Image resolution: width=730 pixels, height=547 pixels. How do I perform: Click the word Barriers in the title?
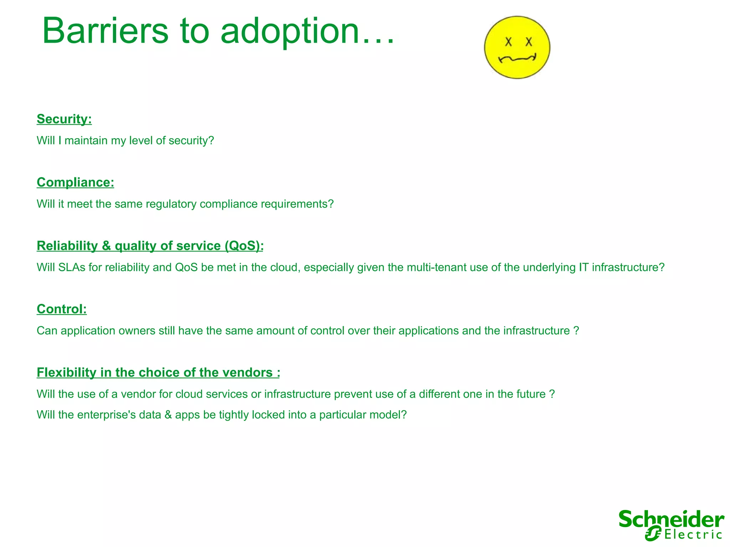click(105, 31)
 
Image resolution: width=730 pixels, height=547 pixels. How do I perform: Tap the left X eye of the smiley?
click(508, 42)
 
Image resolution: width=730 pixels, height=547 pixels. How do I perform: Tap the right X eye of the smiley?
click(529, 42)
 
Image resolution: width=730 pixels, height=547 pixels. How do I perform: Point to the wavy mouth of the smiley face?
click(517, 58)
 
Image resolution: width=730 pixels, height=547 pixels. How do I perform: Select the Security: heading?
click(64, 119)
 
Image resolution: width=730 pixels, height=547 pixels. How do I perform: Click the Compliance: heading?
click(75, 182)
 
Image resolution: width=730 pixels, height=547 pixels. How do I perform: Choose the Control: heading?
click(62, 309)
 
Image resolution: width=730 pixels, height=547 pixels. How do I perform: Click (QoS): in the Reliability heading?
click(244, 246)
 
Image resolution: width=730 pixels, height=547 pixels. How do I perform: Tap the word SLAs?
click(72, 267)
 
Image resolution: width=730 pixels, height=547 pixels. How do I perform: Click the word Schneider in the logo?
click(671, 520)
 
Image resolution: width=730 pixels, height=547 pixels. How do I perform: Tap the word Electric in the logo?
click(693, 535)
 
